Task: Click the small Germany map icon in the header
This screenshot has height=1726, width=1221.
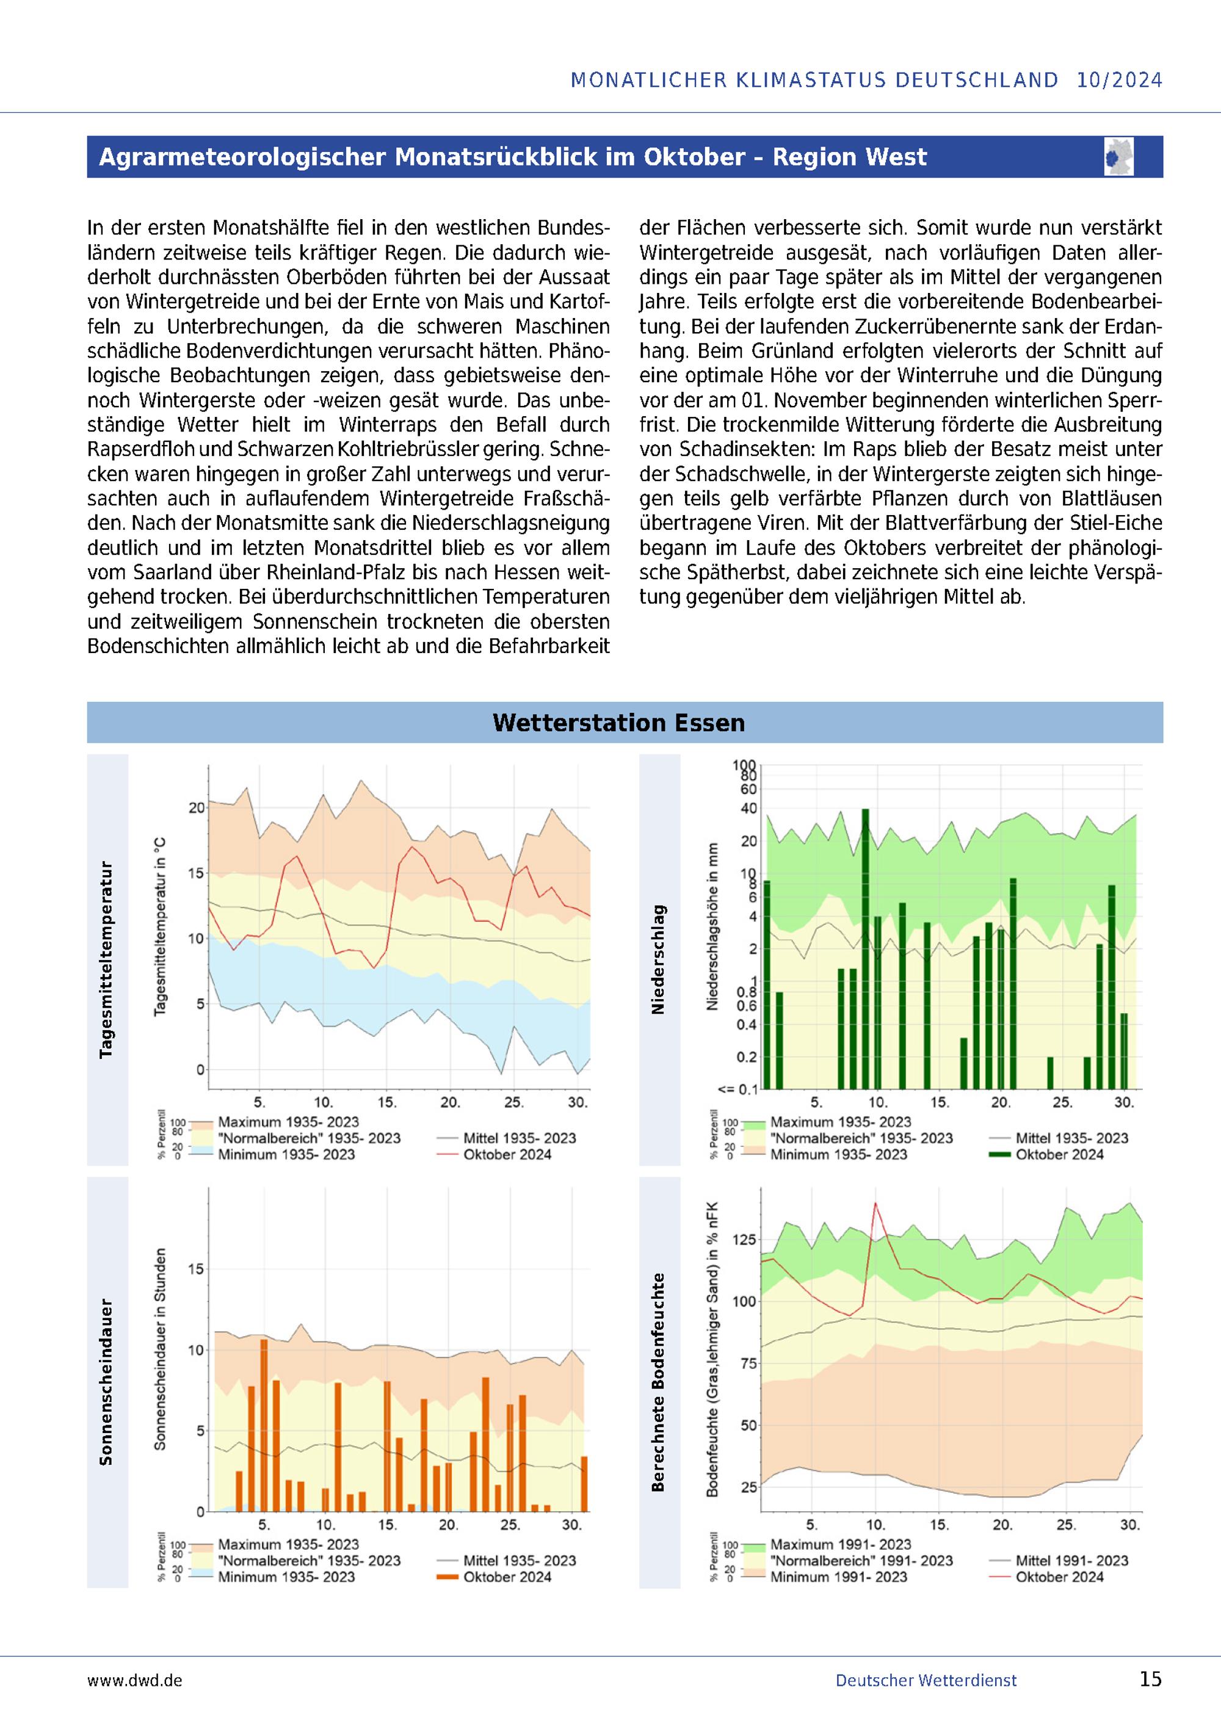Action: tap(1119, 156)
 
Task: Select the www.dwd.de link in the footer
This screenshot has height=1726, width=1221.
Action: tap(134, 1680)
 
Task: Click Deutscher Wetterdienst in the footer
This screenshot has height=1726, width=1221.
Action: tap(926, 1680)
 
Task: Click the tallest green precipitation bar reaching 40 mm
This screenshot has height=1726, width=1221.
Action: tap(865, 948)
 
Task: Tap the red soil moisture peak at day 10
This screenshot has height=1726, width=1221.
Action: tap(875, 1204)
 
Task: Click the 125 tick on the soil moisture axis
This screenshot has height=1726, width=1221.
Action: tap(744, 1240)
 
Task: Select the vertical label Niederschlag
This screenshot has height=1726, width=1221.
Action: tap(658, 959)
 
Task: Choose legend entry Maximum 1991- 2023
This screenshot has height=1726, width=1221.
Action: tap(841, 1545)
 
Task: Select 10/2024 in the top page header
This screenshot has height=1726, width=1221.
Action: tap(1120, 80)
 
